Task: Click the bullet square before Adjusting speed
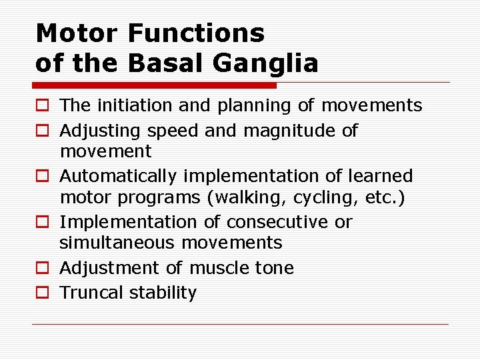[x=42, y=131]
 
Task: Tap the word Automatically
[x=119, y=176]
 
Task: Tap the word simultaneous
[x=117, y=243]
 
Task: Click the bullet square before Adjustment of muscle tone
[x=42, y=268]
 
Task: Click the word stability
[x=163, y=293]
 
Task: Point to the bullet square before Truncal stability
[x=42, y=293]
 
